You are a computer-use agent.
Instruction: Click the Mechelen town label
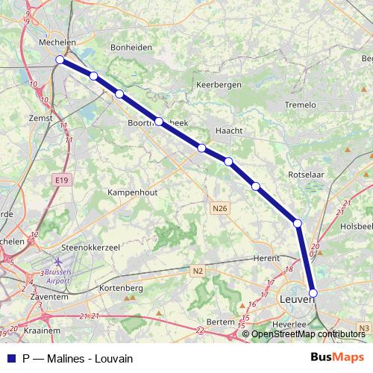pyautogui.click(x=57, y=43)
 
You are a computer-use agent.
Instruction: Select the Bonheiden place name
pyautogui.click(x=131, y=46)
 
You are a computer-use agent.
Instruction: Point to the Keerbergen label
pyautogui.click(x=219, y=85)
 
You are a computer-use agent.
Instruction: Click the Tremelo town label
pyautogui.click(x=301, y=105)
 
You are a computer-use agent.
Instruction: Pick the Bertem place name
pyautogui.click(x=221, y=321)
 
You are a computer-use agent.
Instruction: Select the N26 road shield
pyautogui.click(x=219, y=210)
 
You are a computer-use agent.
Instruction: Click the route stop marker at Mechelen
pyautogui.click(x=60, y=60)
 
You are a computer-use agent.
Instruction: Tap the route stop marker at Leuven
pyautogui.click(x=313, y=293)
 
